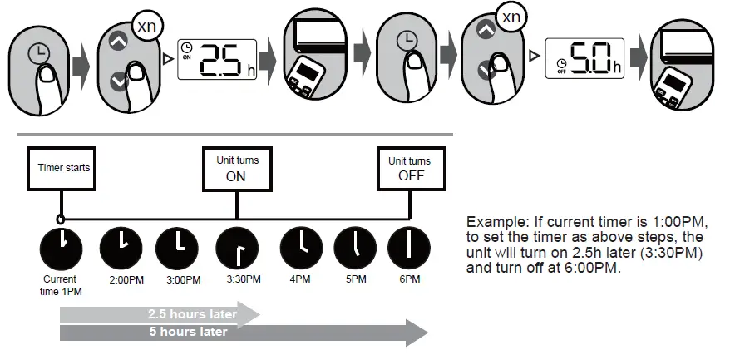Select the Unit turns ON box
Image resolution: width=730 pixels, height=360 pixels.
pyautogui.click(x=236, y=168)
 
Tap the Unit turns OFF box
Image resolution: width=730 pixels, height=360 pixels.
pyautogui.click(x=409, y=168)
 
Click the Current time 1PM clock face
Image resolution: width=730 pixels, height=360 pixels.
pyautogui.click(x=61, y=246)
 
